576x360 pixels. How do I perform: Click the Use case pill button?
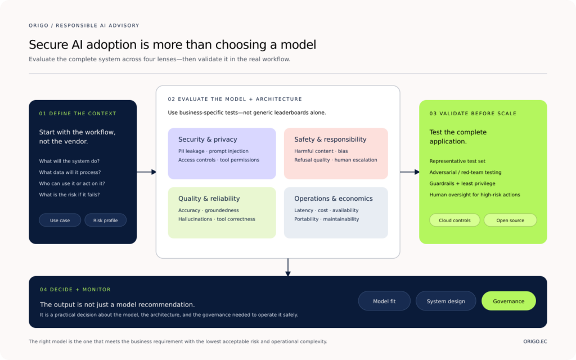pyautogui.click(x=60, y=220)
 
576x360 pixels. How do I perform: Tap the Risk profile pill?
pyautogui.click(x=105, y=220)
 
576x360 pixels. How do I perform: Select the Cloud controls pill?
pyautogui.click(x=454, y=220)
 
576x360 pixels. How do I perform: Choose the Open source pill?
pyautogui.click(x=510, y=220)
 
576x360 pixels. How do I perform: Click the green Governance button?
pyautogui.click(x=508, y=301)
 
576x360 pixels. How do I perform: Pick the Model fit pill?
pyautogui.click(x=384, y=301)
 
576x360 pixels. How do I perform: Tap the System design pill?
pyautogui.click(x=446, y=301)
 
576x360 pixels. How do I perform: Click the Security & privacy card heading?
pyautogui.click(x=208, y=139)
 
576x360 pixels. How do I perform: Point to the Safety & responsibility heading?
pyautogui.click(x=330, y=139)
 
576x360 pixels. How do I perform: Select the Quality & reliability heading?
pyautogui.click(x=209, y=199)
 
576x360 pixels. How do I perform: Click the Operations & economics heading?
pyautogui.click(x=334, y=199)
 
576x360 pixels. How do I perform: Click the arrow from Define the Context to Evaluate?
pyautogui.click(x=147, y=172)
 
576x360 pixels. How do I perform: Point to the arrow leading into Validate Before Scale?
pyautogui.click(x=409, y=172)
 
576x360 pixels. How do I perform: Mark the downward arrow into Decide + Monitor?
pyautogui.click(x=288, y=267)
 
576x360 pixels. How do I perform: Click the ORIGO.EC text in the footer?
pyautogui.click(x=535, y=341)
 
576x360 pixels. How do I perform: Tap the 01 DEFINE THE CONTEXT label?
pyautogui.click(x=78, y=114)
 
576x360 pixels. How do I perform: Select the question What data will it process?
pyautogui.click(x=70, y=172)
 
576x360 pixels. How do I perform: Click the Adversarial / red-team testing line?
pyautogui.click(x=465, y=172)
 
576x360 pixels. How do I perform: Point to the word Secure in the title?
pyautogui.click(x=48, y=45)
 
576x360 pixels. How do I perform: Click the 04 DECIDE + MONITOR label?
pyautogui.click(x=75, y=290)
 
